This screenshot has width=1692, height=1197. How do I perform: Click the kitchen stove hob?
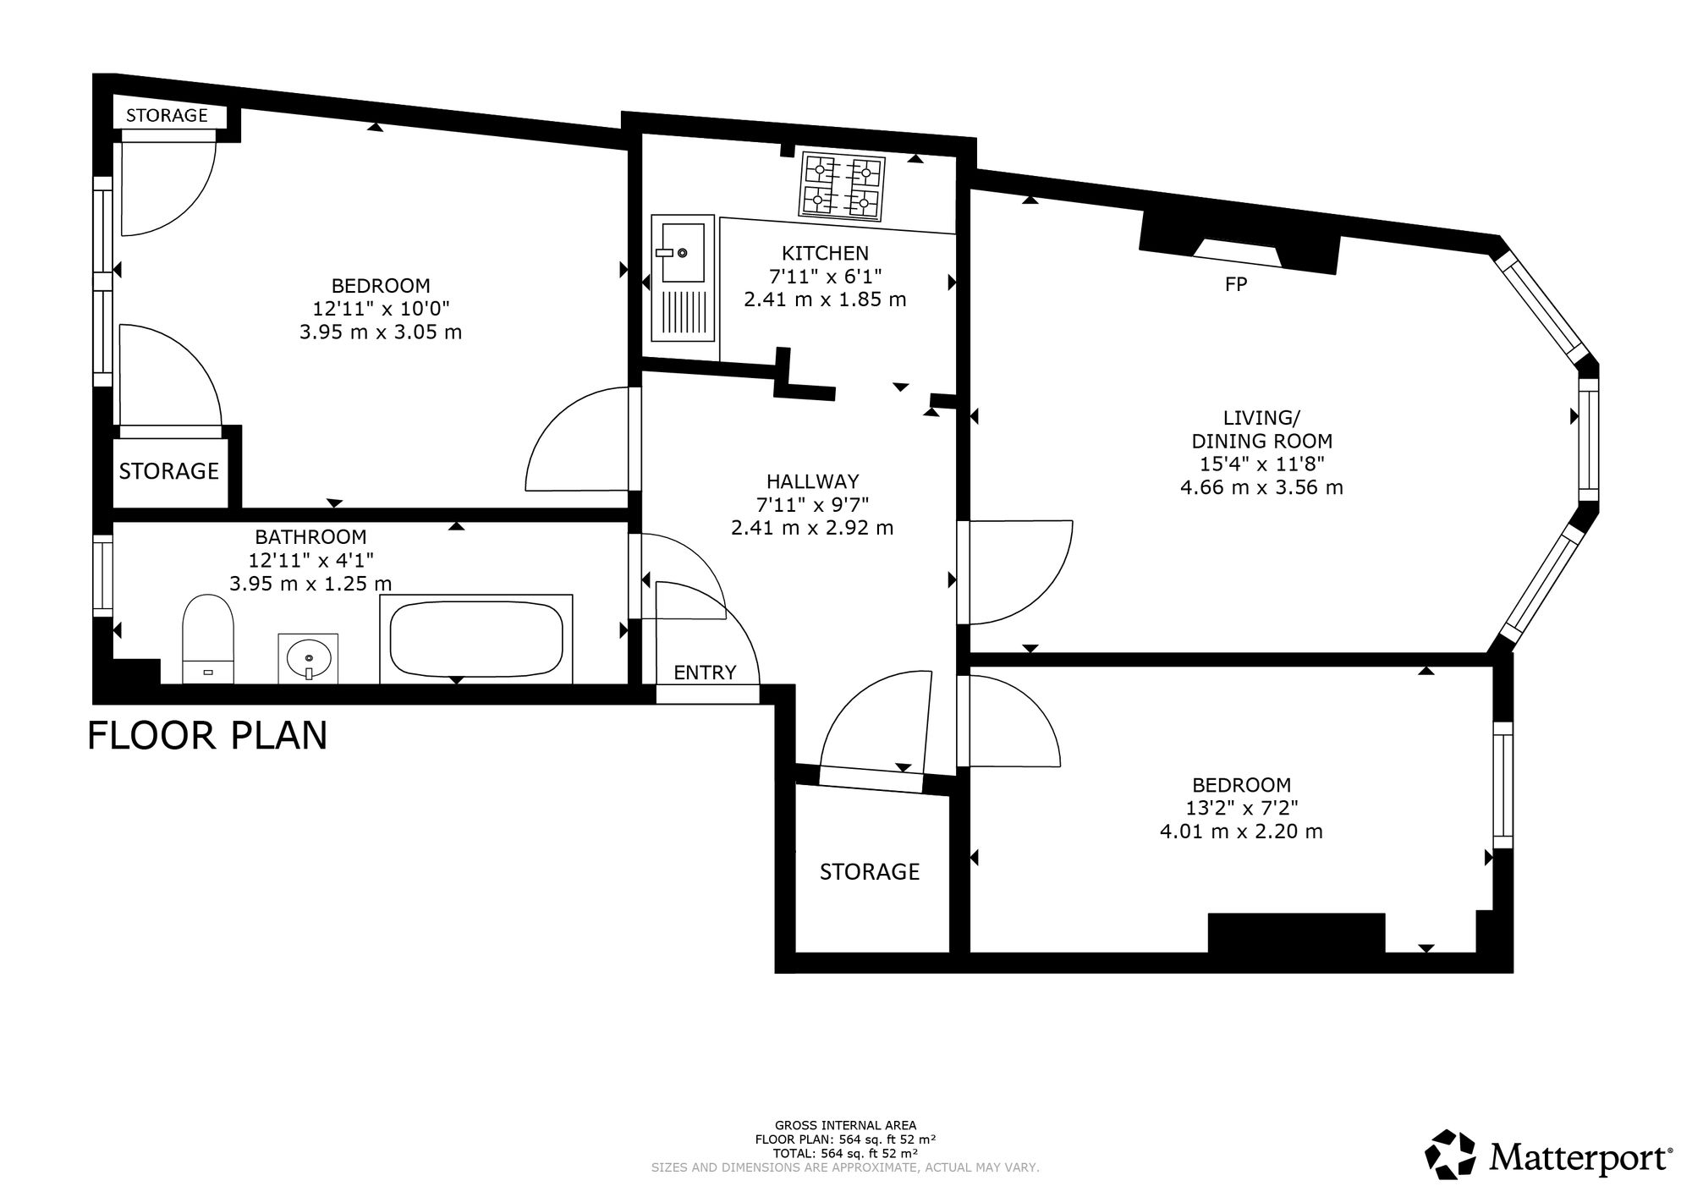point(842,185)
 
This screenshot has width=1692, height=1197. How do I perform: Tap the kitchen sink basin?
point(683,252)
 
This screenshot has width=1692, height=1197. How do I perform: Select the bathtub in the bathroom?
point(476,639)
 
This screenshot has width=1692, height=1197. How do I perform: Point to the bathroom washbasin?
point(308,657)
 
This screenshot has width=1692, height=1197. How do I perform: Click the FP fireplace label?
point(1236,284)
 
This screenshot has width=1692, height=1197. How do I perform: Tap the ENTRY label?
point(705,673)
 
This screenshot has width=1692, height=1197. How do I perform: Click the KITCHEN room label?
point(825,253)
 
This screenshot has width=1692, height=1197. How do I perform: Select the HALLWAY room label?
point(813,481)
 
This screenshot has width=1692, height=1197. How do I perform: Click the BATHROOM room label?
point(311,536)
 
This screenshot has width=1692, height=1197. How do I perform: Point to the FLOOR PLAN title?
point(207,735)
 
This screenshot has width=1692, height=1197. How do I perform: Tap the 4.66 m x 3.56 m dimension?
point(1261,487)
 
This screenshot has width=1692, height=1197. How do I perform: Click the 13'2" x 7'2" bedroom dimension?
point(1242,808)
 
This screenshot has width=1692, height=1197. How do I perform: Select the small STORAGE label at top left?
point(168,115)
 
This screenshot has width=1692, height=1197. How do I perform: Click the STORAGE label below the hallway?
point(870,871)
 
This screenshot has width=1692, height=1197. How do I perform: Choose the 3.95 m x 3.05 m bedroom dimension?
point(381,332)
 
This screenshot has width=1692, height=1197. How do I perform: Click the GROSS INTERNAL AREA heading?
point(845,1125)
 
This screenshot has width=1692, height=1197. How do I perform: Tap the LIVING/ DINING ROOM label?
point(1261,429)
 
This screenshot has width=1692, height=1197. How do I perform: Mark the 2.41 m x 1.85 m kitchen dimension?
point(825,299)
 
